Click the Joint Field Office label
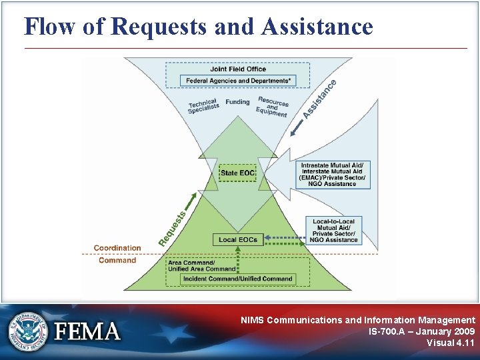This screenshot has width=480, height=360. pos(238,69)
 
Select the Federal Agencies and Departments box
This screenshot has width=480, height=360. pos(238,81)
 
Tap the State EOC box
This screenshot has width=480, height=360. pos(237,173)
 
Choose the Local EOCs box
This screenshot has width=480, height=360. pos(237,239)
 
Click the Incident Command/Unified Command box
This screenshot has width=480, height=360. pos(238,279)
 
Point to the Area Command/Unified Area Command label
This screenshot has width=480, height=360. pos(201,266)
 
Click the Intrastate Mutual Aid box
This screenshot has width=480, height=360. pos(333,175)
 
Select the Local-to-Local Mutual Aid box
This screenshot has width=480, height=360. pos(334,231)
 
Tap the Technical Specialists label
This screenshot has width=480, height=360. pos(203,106)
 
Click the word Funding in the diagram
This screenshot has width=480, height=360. pos(237,102)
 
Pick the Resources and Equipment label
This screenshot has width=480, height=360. pos(272,107)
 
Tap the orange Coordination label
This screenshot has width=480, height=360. pos(117,248)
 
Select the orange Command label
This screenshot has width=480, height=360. pos(117,260)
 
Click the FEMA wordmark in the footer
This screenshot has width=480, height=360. pos(88,331)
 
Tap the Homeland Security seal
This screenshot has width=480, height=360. pos(28,331)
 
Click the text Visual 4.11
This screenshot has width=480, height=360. pos(451,343)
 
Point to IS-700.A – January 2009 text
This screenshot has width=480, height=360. pos(421,331)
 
